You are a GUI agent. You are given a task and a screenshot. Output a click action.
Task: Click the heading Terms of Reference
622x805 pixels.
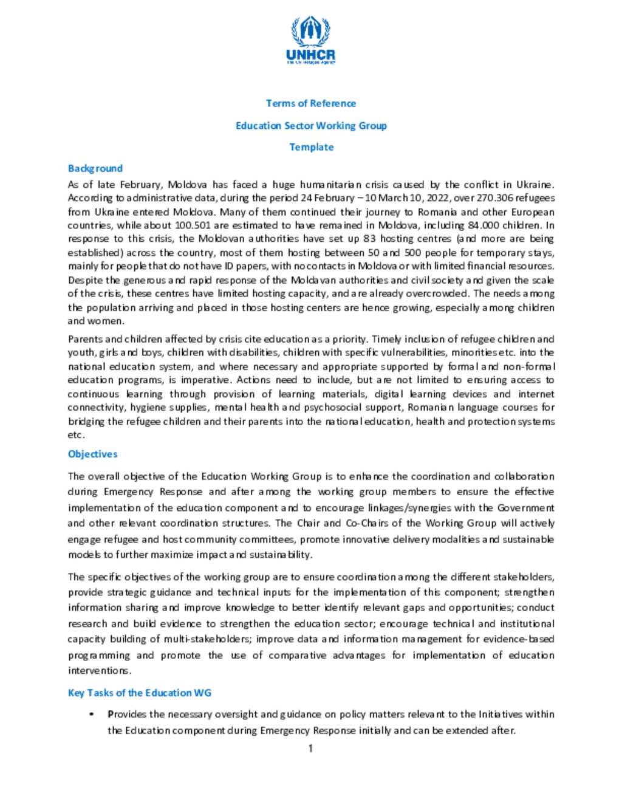click(311, 103)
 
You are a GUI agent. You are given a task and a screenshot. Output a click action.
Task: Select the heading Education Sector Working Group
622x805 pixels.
click(311, 126)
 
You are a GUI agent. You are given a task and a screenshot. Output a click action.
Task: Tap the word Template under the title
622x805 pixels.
click(311, 147)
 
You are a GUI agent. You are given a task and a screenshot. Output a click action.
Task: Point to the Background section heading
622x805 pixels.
click(95, 168)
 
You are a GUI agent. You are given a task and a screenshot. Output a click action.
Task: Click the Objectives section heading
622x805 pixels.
click(92, 454)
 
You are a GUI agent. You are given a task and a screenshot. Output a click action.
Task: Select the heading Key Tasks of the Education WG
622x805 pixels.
click(140, 693)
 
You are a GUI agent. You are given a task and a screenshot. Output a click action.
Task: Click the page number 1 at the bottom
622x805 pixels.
click(310, 748)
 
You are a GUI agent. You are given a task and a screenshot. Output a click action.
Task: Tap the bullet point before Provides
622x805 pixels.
click(92, 714)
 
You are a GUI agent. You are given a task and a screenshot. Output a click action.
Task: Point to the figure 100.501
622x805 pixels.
click(193, 225)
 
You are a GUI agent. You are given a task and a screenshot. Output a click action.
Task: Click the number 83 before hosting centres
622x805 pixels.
click(369, 239)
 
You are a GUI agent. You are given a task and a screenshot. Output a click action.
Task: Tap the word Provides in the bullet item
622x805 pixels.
click(127, 714)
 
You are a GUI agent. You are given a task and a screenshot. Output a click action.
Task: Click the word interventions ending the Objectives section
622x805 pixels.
click(99, 671)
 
